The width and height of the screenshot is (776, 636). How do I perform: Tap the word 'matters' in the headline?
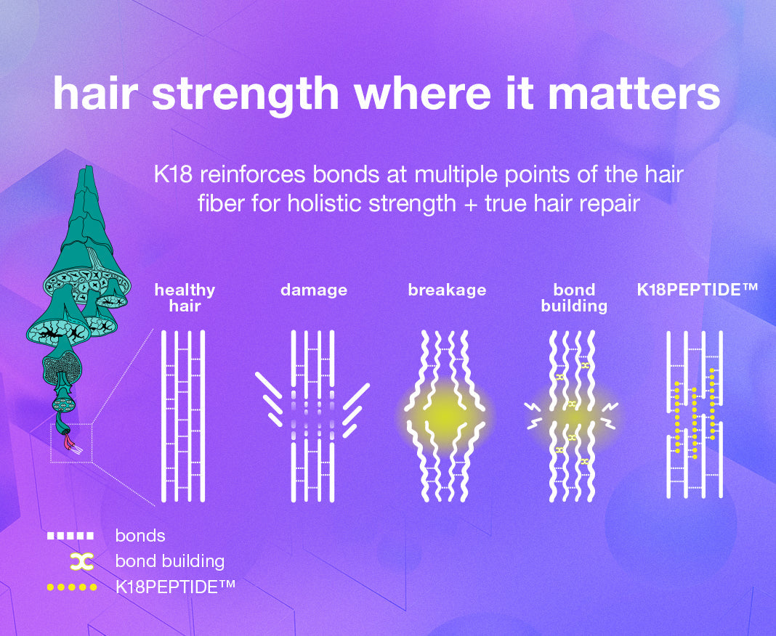(634, 94)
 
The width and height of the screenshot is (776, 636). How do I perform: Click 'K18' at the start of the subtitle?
(173, 174)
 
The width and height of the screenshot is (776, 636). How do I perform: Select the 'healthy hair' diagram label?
(185, 298)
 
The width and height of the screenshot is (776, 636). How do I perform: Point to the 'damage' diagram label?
(314, 290)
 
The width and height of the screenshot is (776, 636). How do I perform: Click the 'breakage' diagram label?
(447, 290)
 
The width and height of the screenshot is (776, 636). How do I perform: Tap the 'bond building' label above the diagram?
(574, 298)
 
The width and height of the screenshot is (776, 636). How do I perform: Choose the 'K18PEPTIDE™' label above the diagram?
(697, 289)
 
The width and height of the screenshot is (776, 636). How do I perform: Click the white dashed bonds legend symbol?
(70, 536)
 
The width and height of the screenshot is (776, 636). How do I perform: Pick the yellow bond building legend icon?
(81, 561)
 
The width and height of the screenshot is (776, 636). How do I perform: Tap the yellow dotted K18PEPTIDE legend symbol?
(72, 587)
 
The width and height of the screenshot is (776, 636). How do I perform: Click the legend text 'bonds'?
(140, 536)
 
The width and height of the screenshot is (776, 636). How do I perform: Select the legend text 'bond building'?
(170, 561)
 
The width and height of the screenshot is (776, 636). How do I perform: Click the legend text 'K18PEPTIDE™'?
(174, 587)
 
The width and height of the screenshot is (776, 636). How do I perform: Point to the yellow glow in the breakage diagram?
(445, 414)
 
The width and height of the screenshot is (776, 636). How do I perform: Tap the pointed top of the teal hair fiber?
(89, 168)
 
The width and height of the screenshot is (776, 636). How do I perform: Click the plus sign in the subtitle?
(470, 204)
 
